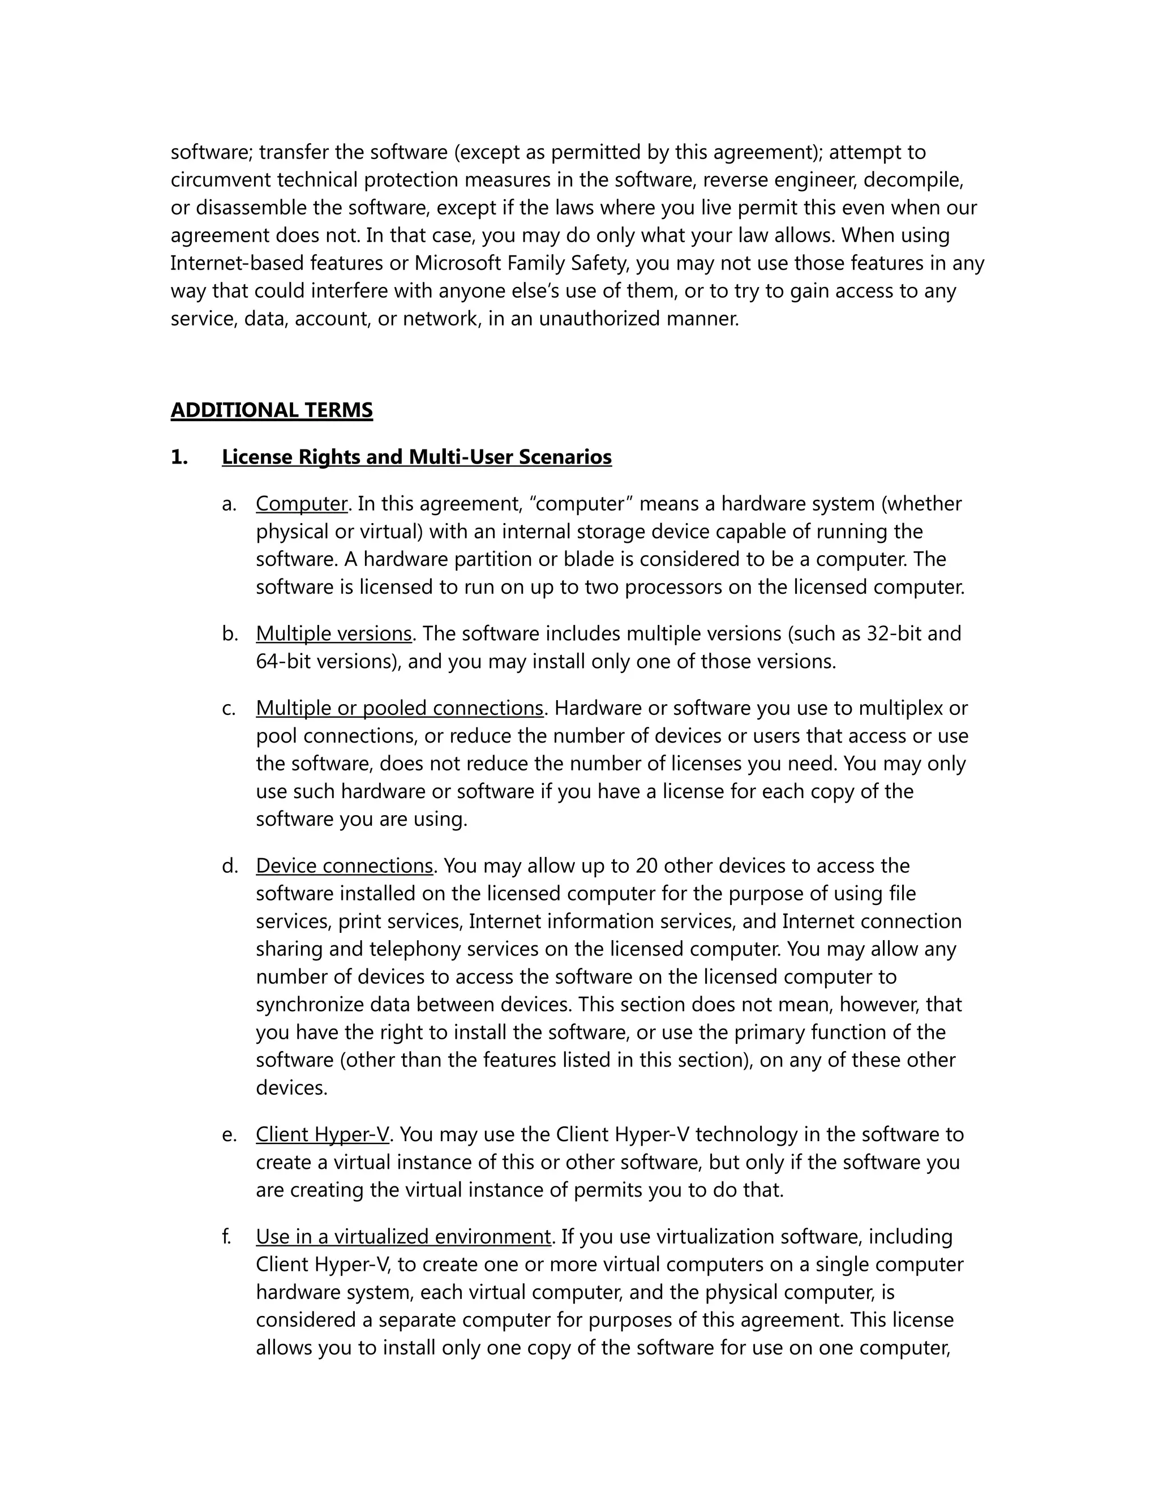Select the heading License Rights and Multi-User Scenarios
click(x=416, y=457)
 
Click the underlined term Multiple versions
click(x=334, y=633)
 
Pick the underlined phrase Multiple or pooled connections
click(x=400, y=708)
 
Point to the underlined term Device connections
click(x=344, y=865)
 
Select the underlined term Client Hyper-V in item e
click(x=322, y=1134)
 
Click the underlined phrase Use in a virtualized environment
click(x=403, y=1236)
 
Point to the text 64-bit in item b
click(x=283, y=661)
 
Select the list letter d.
click(x=229, y=865)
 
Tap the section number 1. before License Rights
click(x=179, y=457)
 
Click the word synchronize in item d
click(x=310, y=1005)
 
